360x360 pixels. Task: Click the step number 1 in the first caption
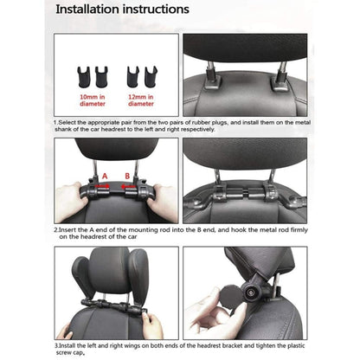click(55, 123)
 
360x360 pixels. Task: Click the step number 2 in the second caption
click(55, 229)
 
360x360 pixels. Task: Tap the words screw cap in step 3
click(68, 350)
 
